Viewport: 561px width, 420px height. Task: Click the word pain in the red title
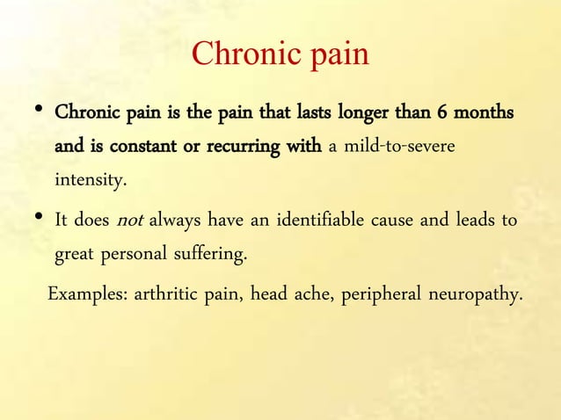[x=336, y=55]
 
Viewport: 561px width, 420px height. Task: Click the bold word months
[x=484, y=114]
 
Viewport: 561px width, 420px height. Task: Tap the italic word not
[x=130, y=220]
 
